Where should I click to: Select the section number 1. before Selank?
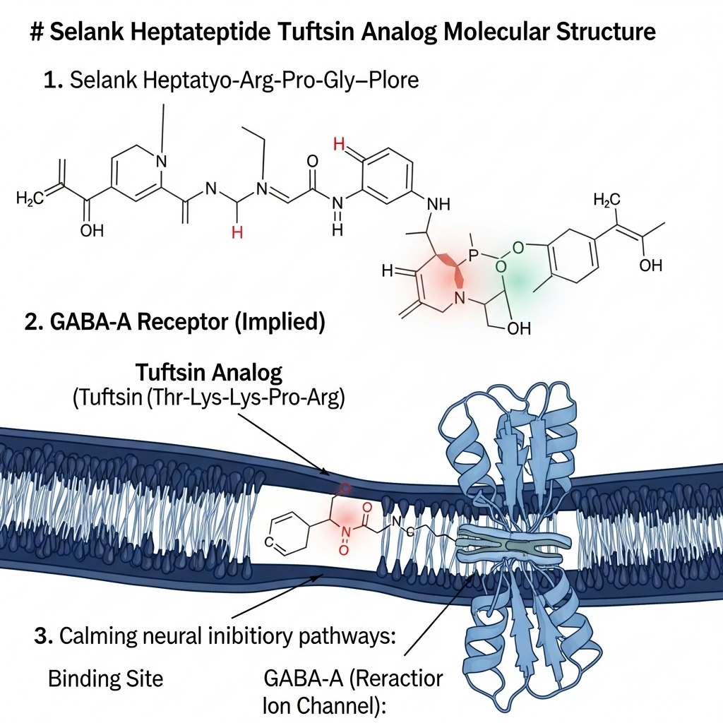coord(53,80)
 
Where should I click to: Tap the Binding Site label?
coord(105,679)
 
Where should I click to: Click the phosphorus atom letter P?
coord(474,253)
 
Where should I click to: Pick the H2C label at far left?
coord(29,199)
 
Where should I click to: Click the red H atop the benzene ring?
coord(340,145)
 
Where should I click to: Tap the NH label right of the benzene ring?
coord(438,205)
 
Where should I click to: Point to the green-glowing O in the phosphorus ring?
coord(502,267)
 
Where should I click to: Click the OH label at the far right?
coord(650,265)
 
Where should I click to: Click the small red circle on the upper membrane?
coord(345,487)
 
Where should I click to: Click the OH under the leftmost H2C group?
coord(92,231)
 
